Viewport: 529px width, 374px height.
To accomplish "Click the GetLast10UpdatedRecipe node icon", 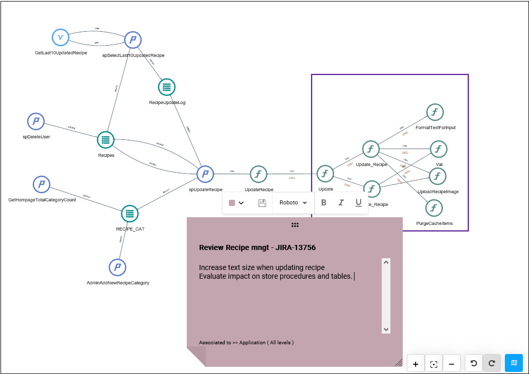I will point(61,37).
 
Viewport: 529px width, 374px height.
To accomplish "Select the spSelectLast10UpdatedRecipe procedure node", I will point(133,39).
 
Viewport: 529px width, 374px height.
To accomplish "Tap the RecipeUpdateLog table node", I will point(167,87).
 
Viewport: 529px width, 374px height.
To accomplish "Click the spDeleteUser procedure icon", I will point(36,121).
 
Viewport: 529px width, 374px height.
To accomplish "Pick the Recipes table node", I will point(106,139).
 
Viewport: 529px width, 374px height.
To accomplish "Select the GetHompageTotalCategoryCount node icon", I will point(42,184).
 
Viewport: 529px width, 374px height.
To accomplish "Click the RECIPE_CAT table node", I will point(130,214).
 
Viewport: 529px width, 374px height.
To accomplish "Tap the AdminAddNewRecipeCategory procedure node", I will point(117,267).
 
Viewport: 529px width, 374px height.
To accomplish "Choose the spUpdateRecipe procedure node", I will point(205,174).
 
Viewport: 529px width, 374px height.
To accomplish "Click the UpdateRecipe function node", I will point(259,174).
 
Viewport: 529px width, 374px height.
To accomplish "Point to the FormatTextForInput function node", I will point(435,112).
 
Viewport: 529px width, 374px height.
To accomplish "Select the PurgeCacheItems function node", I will point(434,208).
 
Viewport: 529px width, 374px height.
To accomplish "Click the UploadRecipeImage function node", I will point(438,176).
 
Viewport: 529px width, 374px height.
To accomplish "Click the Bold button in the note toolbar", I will point(324,203).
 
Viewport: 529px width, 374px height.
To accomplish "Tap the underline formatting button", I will point(359,203).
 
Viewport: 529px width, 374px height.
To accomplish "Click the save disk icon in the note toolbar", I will point(262,203).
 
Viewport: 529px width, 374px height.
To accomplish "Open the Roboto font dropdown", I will point(293,203).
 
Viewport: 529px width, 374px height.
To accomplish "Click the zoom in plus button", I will point(416,364).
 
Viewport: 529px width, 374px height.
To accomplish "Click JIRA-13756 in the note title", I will point(296,247).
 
